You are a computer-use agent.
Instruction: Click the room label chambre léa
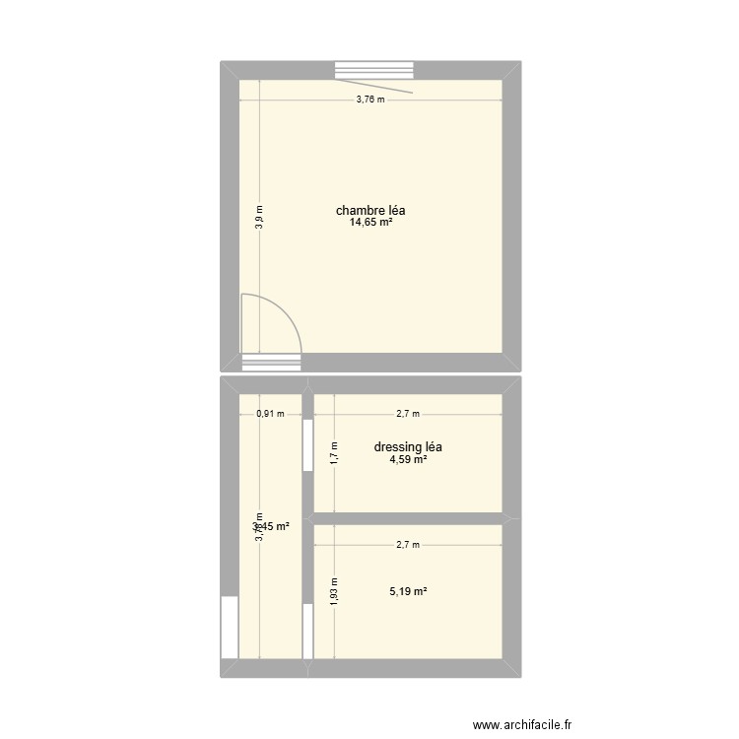[370, 210]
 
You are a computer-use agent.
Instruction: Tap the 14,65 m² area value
[370, 224]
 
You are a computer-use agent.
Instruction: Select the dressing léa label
[408, 446]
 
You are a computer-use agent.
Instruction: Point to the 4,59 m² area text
[408, 460]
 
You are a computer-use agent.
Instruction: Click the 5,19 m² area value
[408, 591]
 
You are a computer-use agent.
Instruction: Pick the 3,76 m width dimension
[370, 100]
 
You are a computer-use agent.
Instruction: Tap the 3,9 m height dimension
[259, 216]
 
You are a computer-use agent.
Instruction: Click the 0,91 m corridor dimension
[270, 414]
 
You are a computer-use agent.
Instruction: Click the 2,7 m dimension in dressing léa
[408, 414]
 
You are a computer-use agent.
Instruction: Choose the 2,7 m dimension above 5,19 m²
[408, 544]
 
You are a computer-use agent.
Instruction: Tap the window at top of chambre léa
[374, 70]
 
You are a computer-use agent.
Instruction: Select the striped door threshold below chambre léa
[271, 362]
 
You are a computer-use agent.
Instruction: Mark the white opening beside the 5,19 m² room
[307, 631]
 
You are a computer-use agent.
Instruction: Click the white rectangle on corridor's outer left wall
[230, 627]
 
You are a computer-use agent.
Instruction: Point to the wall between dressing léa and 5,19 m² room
[408, 518]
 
